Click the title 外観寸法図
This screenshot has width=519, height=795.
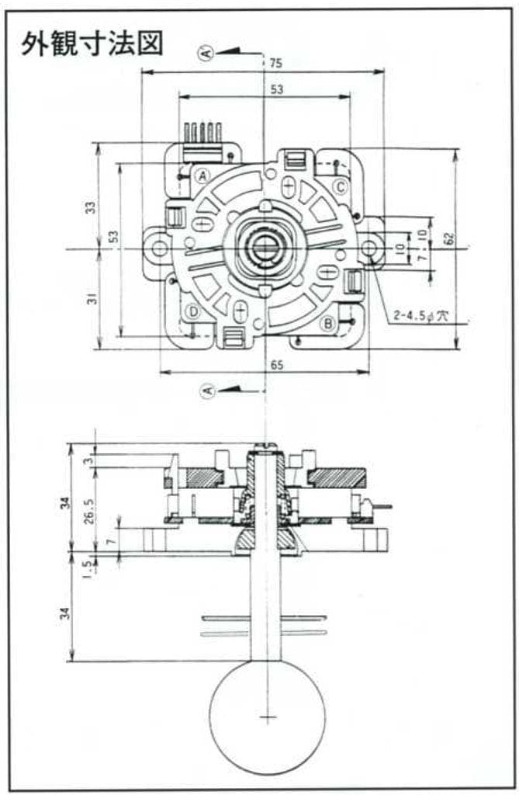(x=92, y=44)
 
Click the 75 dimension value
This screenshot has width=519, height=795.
(x=276, y=64)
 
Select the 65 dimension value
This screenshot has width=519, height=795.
(x=277, y=365)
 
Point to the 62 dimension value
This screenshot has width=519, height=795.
(x=448, y=239)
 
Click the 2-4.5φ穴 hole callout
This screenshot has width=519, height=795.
(x=421, y=316)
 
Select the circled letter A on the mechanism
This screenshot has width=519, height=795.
(x=202, y=176)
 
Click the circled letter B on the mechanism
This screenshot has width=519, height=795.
(x=328, y=322)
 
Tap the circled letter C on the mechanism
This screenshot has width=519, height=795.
(x=341, y=187)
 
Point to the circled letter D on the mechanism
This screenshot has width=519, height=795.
(x=193, y=312)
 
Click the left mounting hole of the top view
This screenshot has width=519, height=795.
(x=159, y=248)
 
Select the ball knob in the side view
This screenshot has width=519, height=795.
(x=267, y=717)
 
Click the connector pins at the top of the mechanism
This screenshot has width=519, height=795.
(x=203, y=132)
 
